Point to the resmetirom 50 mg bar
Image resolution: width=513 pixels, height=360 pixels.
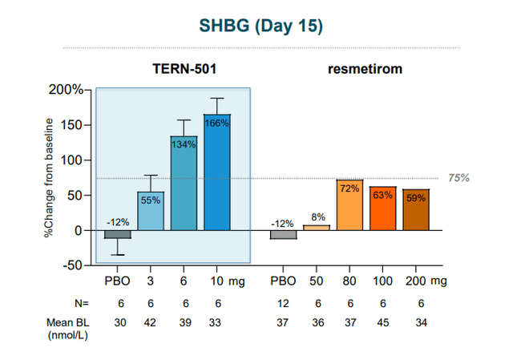(316, 227)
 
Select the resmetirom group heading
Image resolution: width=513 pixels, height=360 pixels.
(365, 69)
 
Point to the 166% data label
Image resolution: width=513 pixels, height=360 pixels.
(217, 123)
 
